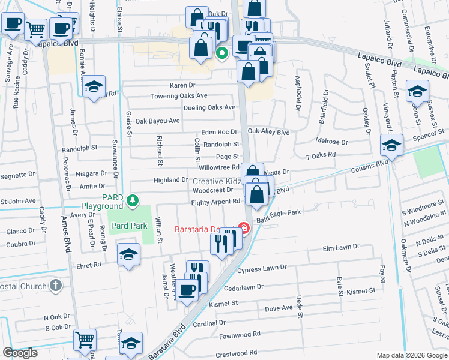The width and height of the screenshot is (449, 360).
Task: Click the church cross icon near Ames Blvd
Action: coord(55,285)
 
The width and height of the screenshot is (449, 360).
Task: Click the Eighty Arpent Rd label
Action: coord(215,202)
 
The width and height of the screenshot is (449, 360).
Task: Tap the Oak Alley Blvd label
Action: coord(268,132)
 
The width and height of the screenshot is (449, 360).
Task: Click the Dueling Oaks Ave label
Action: coord(209,107)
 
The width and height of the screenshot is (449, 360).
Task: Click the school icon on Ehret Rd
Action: coord(128,255)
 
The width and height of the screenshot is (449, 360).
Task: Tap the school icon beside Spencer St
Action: coord(391,145)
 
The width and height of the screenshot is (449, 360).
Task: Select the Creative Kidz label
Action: coord(217,181)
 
